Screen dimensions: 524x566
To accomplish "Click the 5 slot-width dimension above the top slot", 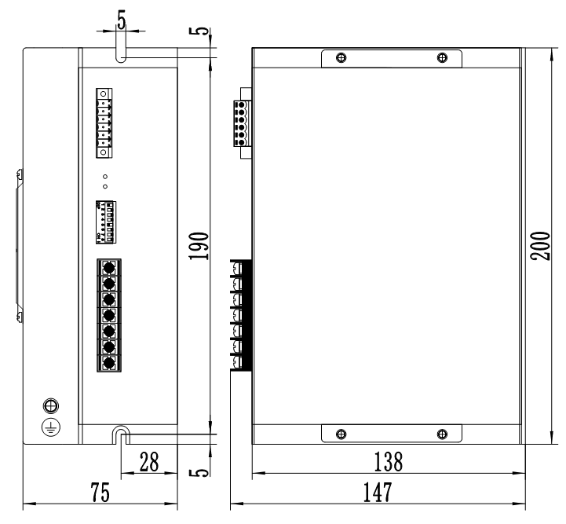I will pos(119,17).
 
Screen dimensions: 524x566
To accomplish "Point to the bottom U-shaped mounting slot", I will pos(119,434).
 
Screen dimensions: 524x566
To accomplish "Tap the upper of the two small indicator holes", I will pos(104,175).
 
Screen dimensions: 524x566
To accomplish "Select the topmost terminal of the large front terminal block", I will pos(108,266).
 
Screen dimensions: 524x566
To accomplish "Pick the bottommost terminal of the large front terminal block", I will pos(108,363).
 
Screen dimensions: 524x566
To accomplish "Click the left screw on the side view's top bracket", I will pos(339,58).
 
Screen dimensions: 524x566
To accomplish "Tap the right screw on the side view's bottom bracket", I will pos(442,434).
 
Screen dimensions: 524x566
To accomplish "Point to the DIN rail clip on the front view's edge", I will pos(19,243).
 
